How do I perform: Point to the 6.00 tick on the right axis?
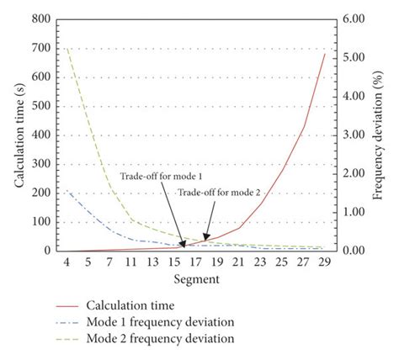[351, 19]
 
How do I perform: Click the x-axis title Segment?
[198, 278]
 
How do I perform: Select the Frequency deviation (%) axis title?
[380, 135]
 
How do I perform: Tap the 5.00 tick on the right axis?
[351, 57]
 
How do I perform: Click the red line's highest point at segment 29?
[324, 55]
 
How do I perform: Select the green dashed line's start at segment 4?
[66, 48]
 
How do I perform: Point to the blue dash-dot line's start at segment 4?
[66, 190]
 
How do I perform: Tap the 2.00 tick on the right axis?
[351, 173]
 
